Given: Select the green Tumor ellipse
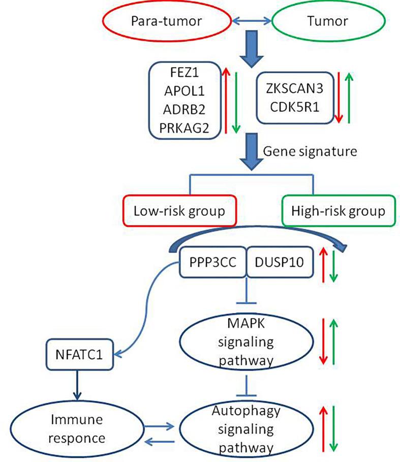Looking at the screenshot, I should click(x=325, y=21).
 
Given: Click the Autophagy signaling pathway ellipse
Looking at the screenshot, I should click(x=247, y=430).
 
